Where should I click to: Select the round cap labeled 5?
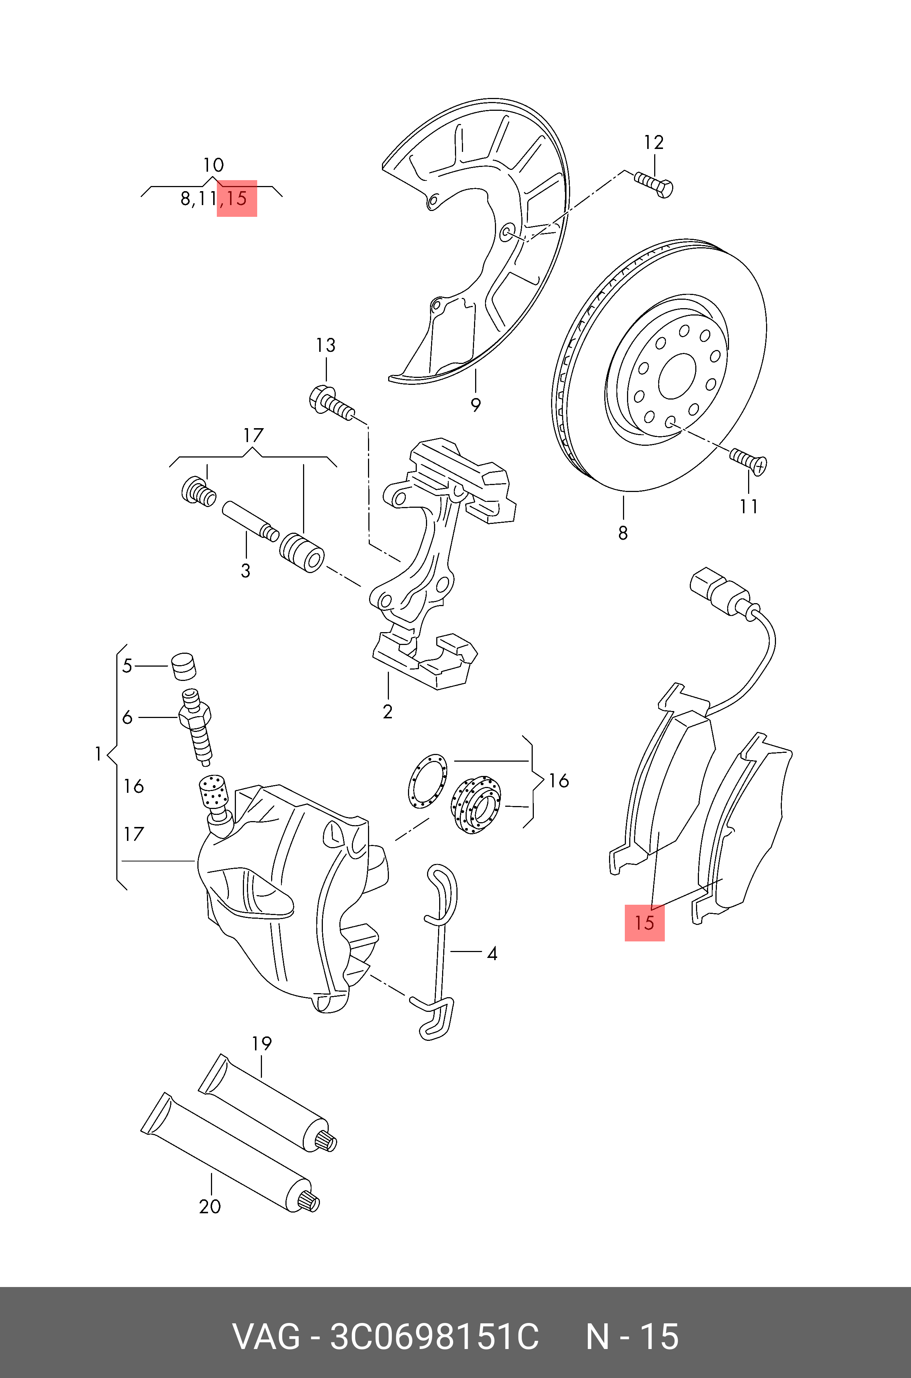[183, 666]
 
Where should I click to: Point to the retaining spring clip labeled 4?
[440, 953]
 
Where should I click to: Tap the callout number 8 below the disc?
[623, 532]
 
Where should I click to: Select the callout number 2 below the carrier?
[387, 712]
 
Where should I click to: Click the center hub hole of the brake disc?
[677, 376]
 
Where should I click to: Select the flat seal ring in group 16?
[427, 780]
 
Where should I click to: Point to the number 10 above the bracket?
[213, 165]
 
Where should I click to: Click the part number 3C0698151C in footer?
[434, 1336]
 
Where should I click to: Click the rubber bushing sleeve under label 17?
[302, 553]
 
